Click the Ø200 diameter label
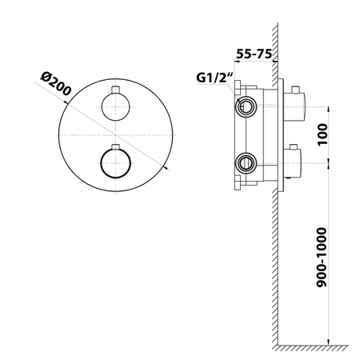(56, 84)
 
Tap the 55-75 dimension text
(254, 54)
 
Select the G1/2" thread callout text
(214, 78)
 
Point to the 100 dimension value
(322, 134)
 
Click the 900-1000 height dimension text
(322, 257)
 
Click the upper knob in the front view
(115, 106)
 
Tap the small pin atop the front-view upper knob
(115, 90)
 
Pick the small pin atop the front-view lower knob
(115, 147)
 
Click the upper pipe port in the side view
(246, 106)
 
